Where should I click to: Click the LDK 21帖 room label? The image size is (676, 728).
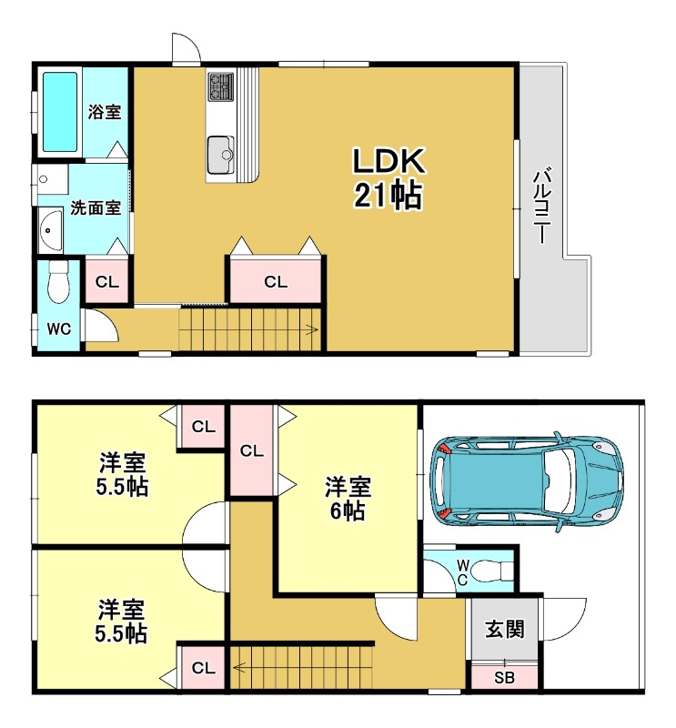pyautogui.click(x=388, y=178)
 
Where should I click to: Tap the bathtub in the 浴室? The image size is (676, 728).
pyautogui.click(x=60, y=112)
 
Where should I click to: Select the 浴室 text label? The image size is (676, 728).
pyautogui.click(x=105, y=112)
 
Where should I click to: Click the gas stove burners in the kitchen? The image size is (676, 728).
pyautogui.click(x=221, y=86)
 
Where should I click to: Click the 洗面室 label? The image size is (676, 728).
pyautogui.click(x=96, y=207)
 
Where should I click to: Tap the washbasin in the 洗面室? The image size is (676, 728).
pyautogui.click(x=50, y=231)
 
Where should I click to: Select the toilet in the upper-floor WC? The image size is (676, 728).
pyautogui.click(x=58, y=282)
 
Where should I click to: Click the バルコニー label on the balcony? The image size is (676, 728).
pyautogui.click(x=541, y=207)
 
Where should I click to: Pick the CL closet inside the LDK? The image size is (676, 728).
pyautogui.click(x=276, y=281)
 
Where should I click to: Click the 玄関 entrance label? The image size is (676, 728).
pyautogui.click(x=505, y=629)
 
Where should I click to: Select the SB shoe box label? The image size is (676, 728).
pyautogui.click(x=504, y=678)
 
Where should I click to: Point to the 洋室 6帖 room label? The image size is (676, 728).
pyautogui.click(x=348, y=498)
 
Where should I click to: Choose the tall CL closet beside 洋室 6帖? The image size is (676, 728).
pyautogui.click(x=252, y=450)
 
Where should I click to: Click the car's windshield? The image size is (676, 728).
pyautogui.click(x=556, y=481)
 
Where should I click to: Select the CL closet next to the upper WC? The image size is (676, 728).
pyautogui.click(x=106, y=282)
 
